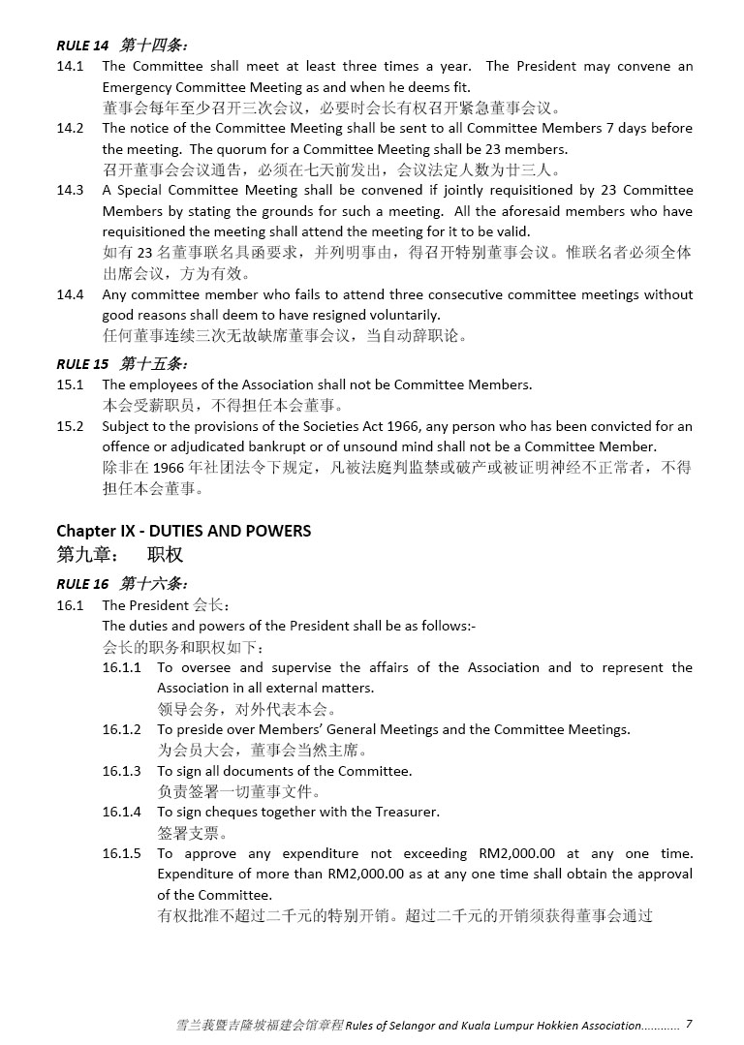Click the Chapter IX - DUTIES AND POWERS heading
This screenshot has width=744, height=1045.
click(x=183, y=531)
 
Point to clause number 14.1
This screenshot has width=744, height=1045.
click(x=70, y=67)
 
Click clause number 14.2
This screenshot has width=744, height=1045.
click(x=70, y=129)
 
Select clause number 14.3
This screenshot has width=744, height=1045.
click(x=70, y=191)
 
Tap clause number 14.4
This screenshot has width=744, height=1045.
click(x=70, y=294)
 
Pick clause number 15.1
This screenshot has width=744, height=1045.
click(x=70, y=385)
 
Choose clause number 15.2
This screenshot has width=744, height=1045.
click(x=70, y=427)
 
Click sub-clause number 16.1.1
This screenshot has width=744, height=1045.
click(x=122, y=668)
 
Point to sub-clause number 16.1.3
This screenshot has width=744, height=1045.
click(x=122, y=772)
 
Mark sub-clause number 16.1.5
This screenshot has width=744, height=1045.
click(x=122, y=854)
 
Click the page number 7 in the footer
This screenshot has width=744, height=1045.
click(x=689, y=1024)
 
